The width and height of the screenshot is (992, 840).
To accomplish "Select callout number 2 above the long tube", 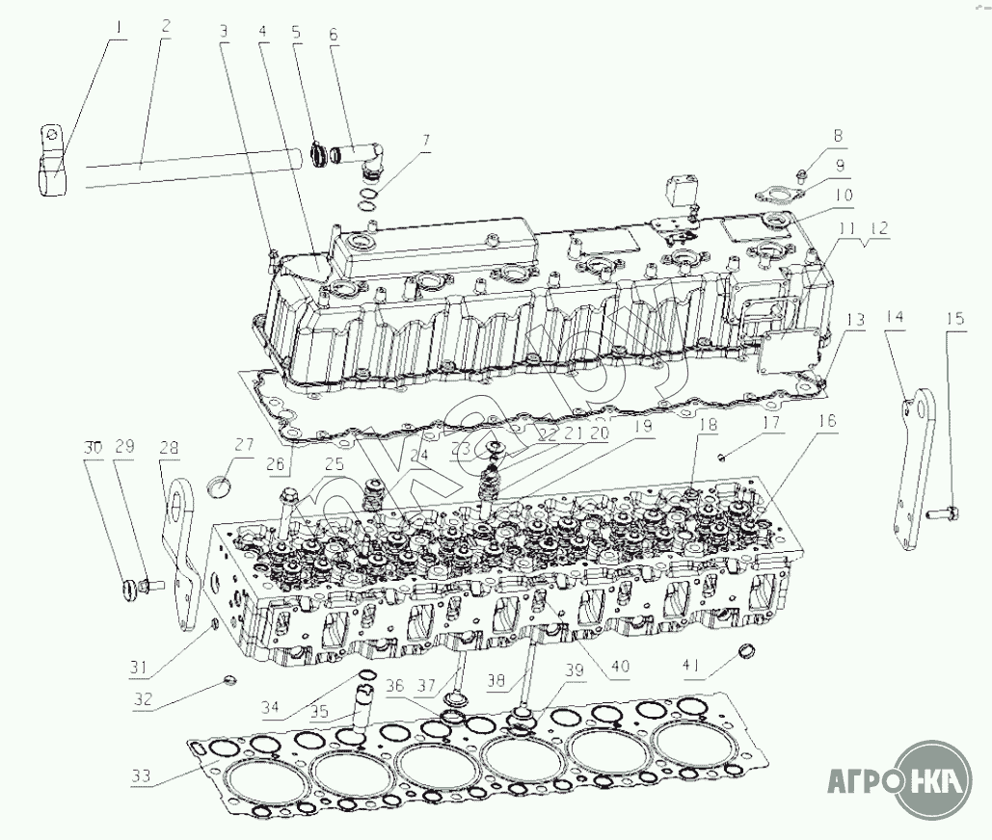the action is tap(166, 26).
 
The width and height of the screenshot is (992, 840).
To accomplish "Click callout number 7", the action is tap(425, 141).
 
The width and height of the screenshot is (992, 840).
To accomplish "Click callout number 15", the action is tap(954, 317).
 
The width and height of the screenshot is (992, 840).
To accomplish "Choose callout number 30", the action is tap(92, 448).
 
